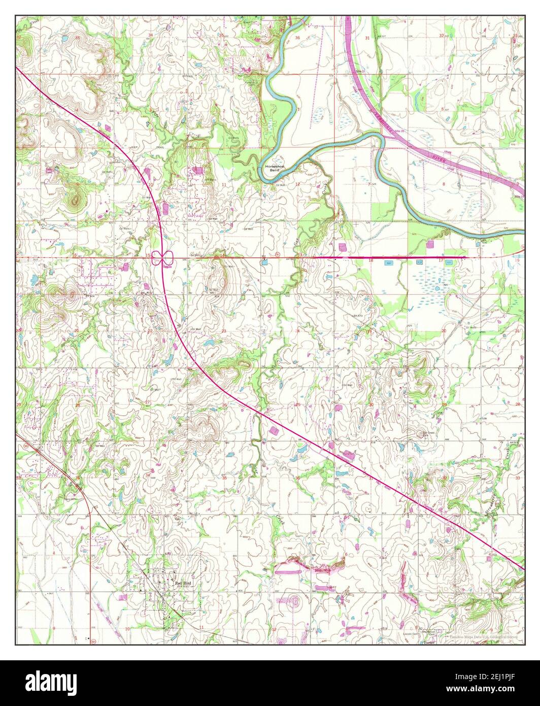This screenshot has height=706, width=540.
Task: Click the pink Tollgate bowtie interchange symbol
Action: click(163, 259)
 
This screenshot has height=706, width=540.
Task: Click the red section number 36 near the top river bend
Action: click(297, 38)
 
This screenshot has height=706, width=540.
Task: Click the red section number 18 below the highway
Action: click(370, 261)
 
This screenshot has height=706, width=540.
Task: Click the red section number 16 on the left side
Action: click(75, 255)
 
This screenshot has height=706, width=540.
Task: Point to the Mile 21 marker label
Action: click(361, 72)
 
